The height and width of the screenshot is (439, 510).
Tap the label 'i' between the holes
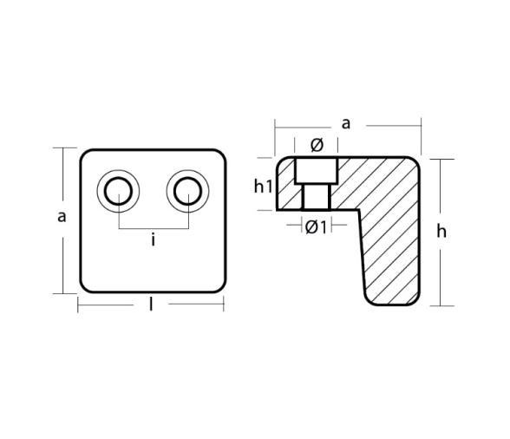153,240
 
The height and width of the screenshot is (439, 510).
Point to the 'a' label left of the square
62,217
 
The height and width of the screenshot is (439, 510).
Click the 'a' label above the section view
346,123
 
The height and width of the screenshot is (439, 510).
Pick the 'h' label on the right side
441,231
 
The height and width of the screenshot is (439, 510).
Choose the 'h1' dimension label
264,185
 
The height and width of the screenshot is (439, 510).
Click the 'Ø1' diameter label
316,227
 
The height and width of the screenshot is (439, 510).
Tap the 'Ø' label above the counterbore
316,145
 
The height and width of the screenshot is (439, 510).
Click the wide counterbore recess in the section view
316,171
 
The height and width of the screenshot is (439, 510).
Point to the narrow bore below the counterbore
316,197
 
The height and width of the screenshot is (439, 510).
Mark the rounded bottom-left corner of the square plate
86,285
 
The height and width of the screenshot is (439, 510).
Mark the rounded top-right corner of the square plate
220,157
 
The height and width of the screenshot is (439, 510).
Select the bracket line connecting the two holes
153,228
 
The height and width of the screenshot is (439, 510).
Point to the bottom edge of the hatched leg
392,305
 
